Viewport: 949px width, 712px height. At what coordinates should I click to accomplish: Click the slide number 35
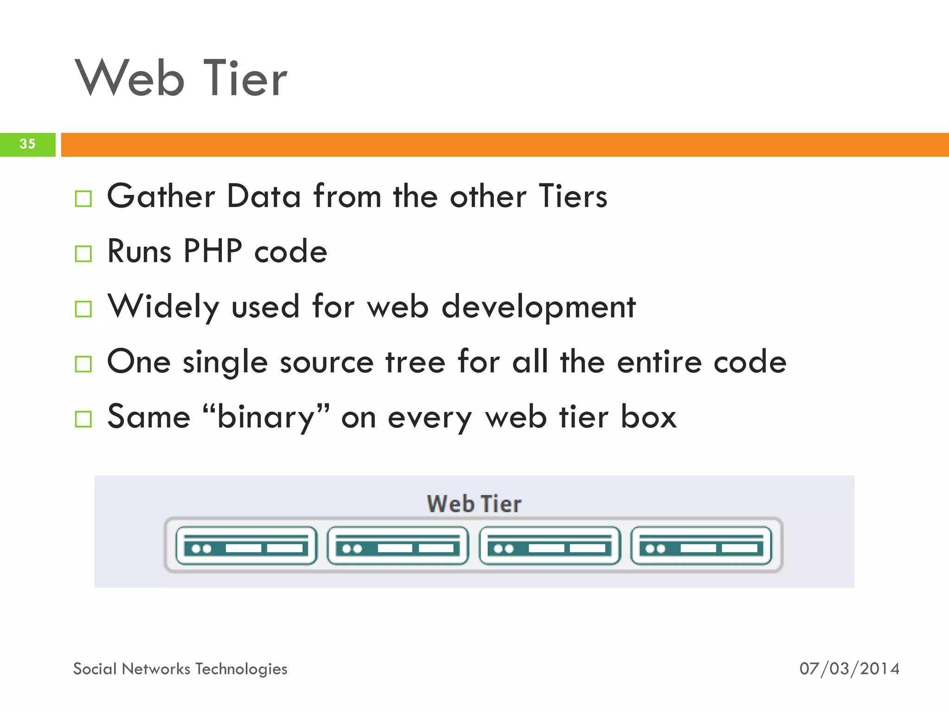(x=27, y=144)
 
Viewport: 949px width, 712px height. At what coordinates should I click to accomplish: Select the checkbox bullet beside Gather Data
(x=83, y=199)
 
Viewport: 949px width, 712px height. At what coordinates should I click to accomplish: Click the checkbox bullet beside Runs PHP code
(x=83, y=254)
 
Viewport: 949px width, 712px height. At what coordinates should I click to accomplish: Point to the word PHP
(x=213, y=251)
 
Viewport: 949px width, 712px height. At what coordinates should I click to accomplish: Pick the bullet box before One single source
(x=83, y=364)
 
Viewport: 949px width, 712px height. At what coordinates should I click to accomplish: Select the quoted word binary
(x=266, y=417)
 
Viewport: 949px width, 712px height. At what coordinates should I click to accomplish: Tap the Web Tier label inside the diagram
(x=474, y=504)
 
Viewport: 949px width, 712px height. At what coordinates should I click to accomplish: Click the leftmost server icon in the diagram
(x=247, y=546)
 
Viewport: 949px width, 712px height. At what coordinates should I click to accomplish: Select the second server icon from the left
(x=398, y=546)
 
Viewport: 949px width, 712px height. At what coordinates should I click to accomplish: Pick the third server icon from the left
(x=550, y=546)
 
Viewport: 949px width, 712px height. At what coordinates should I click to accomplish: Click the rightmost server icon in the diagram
(x=701, y=546)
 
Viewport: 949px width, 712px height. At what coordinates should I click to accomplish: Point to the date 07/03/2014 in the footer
(x=849, y=669)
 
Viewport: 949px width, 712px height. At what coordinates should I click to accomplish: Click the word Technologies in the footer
(x=241, y=669)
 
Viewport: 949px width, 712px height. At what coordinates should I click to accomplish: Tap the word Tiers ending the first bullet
(x=573, y=197)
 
